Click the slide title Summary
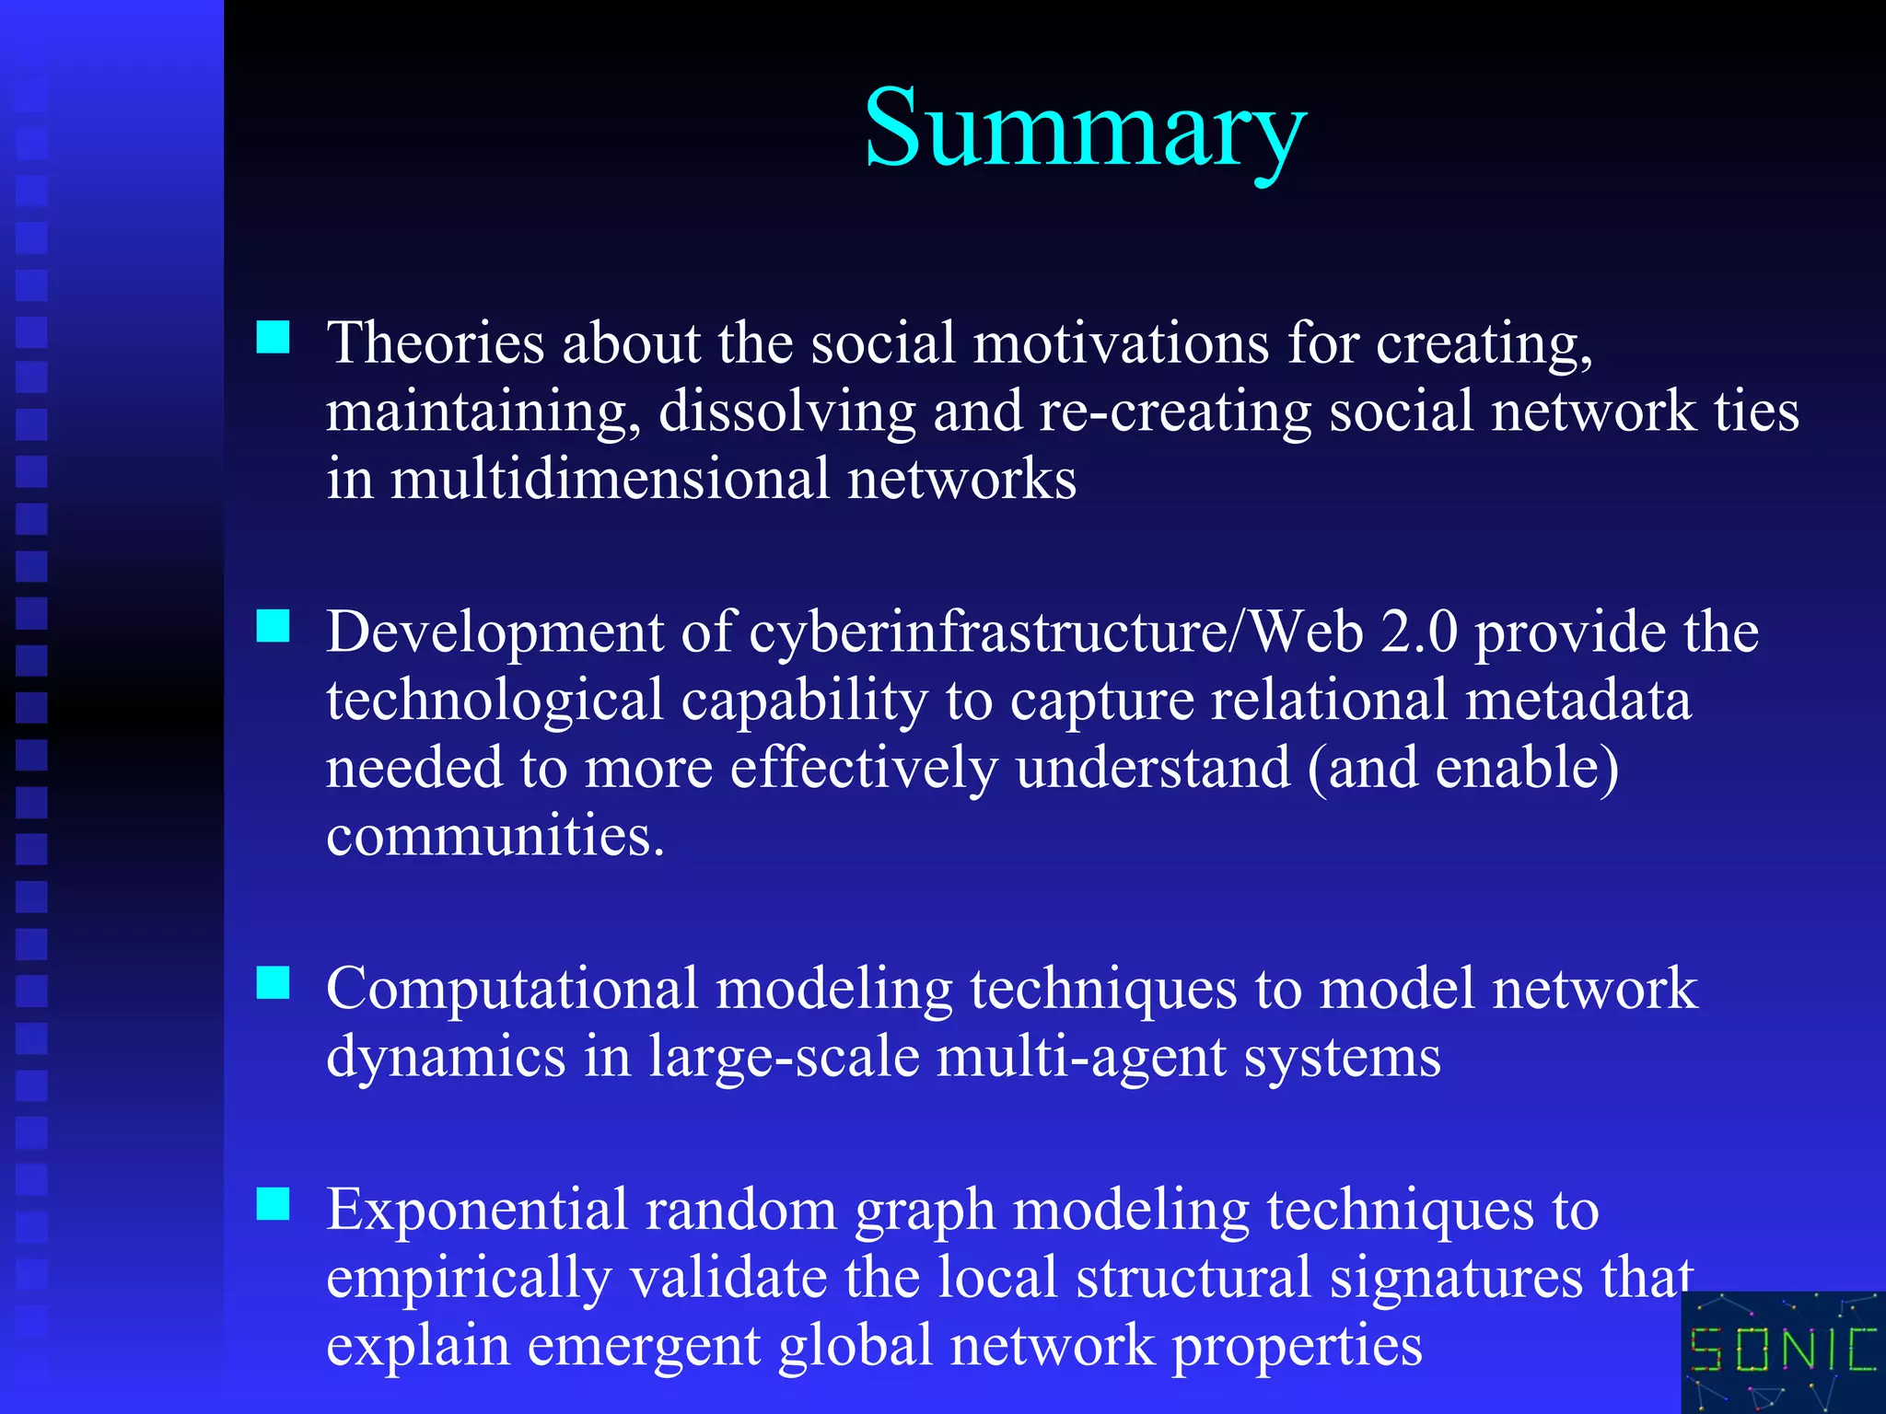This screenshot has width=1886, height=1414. click(1085, 129)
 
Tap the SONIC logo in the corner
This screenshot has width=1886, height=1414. click(1783, 1351)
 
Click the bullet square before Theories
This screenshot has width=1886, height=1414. click(273, 337)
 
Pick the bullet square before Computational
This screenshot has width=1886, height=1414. click(273, 982)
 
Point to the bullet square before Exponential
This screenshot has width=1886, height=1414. click(273, 1203)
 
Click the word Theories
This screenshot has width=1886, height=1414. click(436, 342)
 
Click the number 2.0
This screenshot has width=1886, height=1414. click(1418, 633)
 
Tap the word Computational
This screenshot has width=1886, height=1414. click(512, 990)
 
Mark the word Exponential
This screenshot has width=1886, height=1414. click(476, 1210)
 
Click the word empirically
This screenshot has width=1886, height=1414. click(469, 1280)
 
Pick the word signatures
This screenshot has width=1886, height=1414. click(1456, 1280)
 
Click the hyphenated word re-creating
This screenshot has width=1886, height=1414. click(1175, 411)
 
